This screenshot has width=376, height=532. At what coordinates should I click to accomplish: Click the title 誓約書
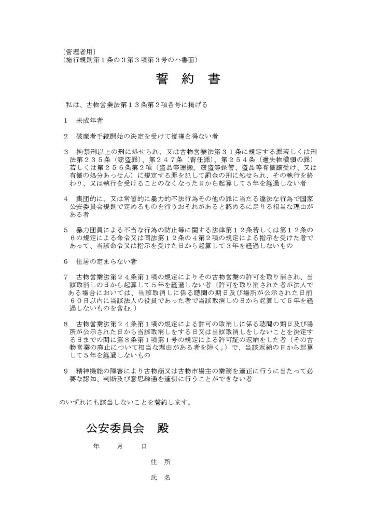coord(188,79)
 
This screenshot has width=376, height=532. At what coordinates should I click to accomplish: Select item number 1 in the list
coord(66,121)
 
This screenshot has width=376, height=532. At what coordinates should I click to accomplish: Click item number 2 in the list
coord(66,136)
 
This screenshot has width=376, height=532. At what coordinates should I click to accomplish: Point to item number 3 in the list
coord(66,152)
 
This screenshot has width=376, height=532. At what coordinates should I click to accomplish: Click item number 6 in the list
coord(66,261)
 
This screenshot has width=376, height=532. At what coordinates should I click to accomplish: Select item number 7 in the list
coord(66,276)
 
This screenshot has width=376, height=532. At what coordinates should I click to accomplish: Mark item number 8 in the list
coord(66,323)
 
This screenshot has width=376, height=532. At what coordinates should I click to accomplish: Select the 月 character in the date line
coord(120,446)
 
